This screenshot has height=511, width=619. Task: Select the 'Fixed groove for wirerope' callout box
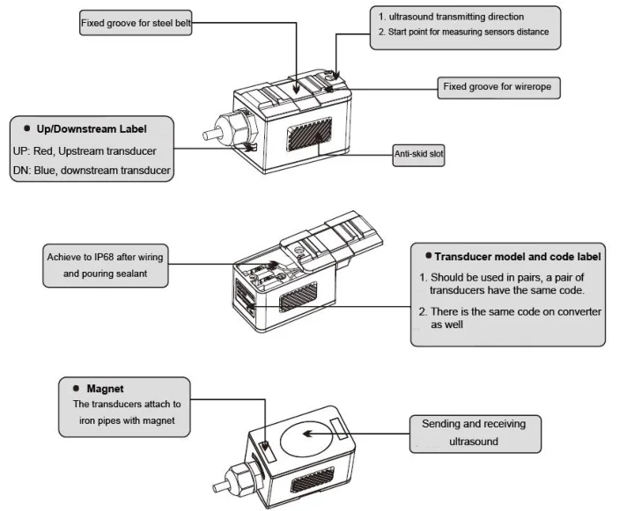pyautogui.click(x=499, y=87)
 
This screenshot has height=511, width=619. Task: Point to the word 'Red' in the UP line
pyautogui.click(x=50, y=150)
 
